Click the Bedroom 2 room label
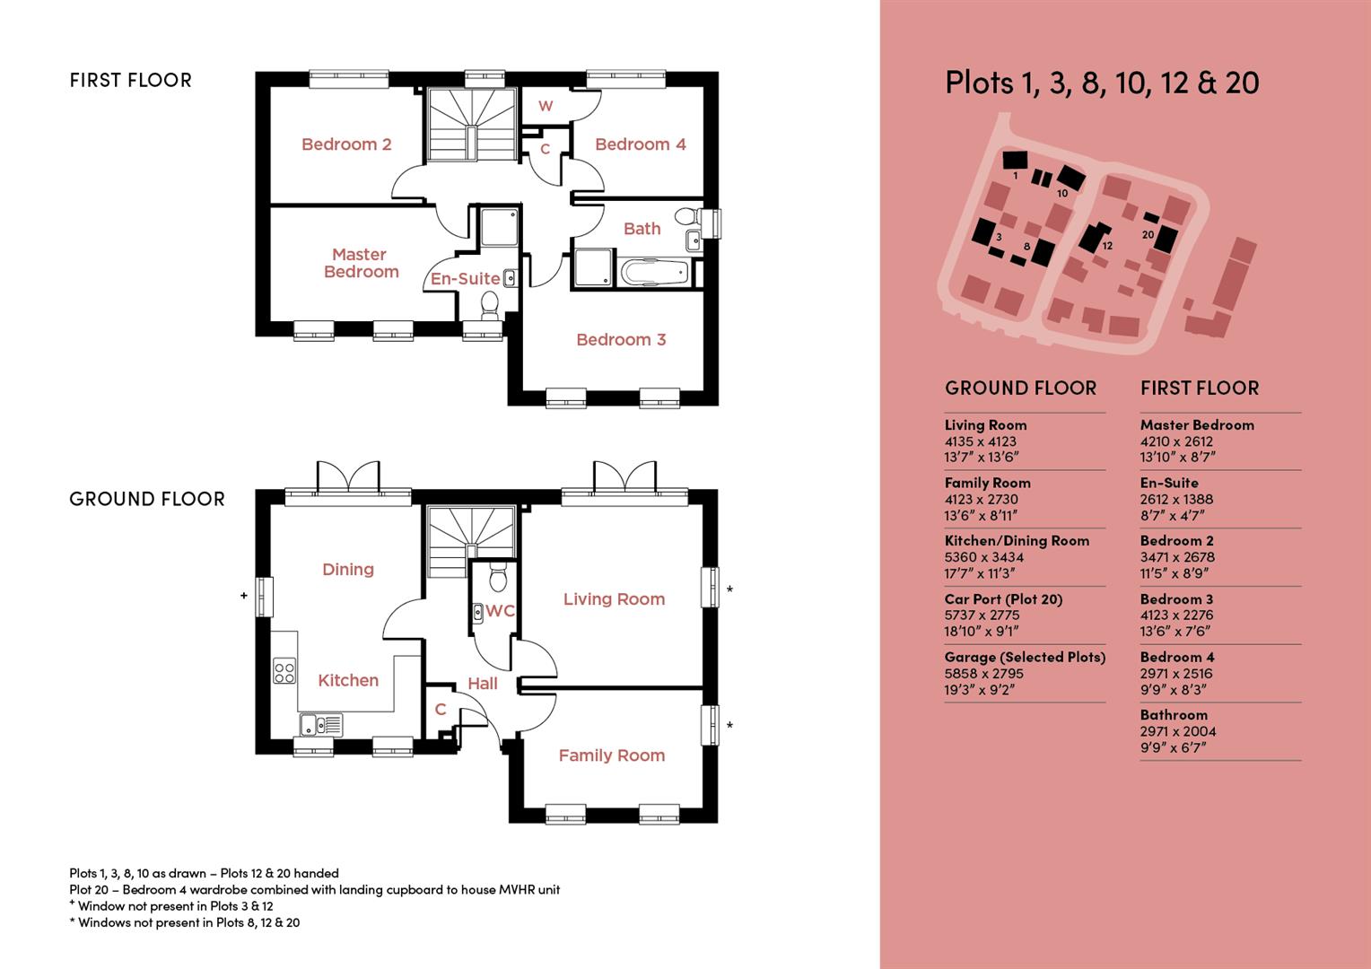(346, 144)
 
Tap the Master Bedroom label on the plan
(360, 263)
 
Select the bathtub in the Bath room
(654, 272)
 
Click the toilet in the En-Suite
(489, 307)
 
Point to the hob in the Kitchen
(284, 671)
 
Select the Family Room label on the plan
(611, 755)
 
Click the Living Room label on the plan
(614, 599)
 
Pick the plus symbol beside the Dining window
(243, 595)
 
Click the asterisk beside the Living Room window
(730, 590)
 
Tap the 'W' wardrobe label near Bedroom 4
(546, 106)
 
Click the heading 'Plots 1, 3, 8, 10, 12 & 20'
(1102, 83)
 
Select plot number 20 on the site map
(1148, 235)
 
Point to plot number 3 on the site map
(999, 237)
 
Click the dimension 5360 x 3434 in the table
(983, 557)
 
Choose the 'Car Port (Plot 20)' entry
(1003, 599)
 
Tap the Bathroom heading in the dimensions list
(1174, 715)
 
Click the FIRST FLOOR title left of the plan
(131, 81)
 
